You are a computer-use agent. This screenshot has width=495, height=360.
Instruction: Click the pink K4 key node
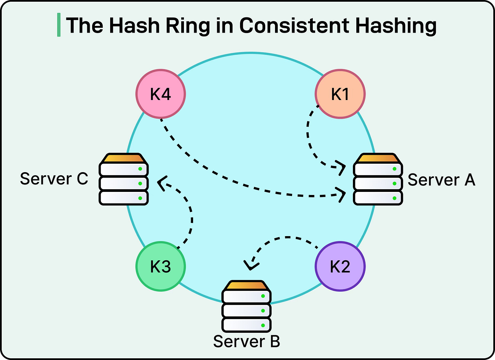click(160, 94)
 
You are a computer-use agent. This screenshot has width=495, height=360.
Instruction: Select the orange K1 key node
click(340, 94)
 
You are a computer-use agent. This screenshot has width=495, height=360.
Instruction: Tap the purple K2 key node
click(340, 266)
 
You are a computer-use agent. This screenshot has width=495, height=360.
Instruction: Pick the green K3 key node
click(160, 266)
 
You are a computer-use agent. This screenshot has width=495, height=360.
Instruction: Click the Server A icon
click(378, 179)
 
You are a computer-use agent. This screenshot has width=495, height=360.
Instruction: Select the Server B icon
click(246, 306)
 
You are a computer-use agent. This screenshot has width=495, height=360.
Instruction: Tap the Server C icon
click(123, 179)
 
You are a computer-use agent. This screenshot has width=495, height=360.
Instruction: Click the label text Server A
click(441, 180)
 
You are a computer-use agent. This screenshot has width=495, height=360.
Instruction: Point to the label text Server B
click(246, 341)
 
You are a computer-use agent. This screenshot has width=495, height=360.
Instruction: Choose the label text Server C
click(54, 179)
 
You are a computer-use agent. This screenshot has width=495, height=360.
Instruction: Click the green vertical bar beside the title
click(59, 25)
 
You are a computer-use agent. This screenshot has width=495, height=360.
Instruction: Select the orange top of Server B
click(246, 285)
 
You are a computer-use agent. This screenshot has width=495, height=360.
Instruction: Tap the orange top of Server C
click(123, 158)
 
